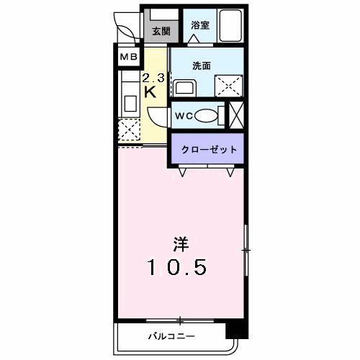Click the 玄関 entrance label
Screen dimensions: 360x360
pos(161,31)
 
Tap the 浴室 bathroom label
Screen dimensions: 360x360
pos(199,25)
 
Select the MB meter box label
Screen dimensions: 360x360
pos(128,56)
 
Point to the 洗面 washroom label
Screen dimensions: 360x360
pos(201,65)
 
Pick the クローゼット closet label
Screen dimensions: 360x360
pos(207,150)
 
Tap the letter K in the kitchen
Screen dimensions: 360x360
pos(151,92)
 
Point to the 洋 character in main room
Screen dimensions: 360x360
pos(179,243)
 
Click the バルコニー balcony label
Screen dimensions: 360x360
pos(171,336)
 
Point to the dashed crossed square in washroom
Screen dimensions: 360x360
pos(229,85)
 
